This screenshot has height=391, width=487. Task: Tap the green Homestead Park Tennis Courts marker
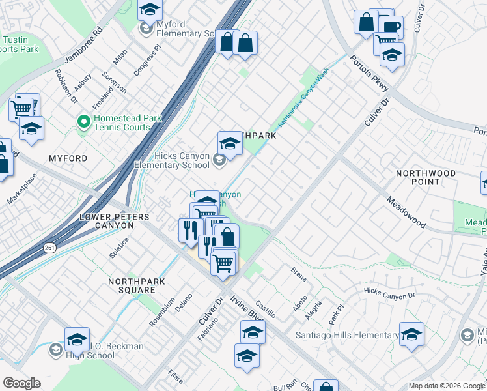click(x=83, y=122)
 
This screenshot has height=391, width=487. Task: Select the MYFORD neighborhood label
click(x=68, y=158)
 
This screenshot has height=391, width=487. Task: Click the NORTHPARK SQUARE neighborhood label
click(x=137, y=286)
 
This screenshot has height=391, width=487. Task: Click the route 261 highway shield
click(x=50, y=248)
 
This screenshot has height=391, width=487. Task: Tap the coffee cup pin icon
click(x=391, y=27)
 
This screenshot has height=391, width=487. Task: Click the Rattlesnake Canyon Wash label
click(x=303, y=98)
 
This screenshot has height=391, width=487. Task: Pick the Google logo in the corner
click(x=21, y=383)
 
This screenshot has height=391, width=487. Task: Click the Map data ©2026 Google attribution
click(x=447, y=386)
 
